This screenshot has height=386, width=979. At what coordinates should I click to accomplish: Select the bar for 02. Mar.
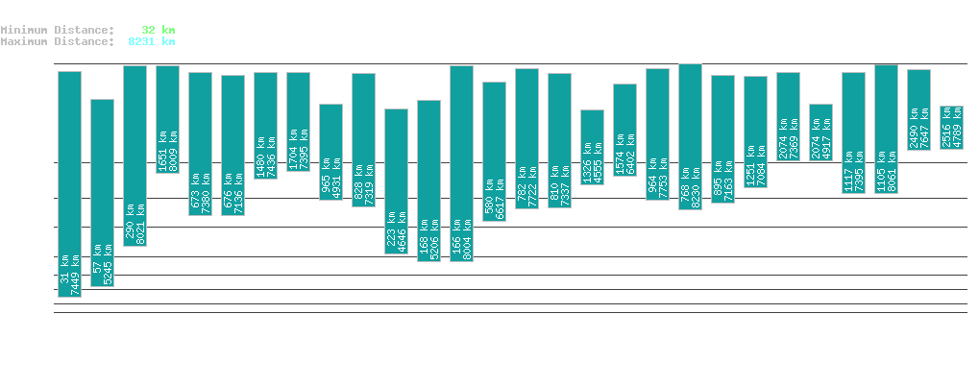pos(461,163)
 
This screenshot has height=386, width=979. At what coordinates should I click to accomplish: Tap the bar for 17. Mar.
pos(951,128)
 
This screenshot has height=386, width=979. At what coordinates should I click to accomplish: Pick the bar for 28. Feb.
pos(396,181)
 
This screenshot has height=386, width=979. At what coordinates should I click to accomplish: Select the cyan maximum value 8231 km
pos(152,41)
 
